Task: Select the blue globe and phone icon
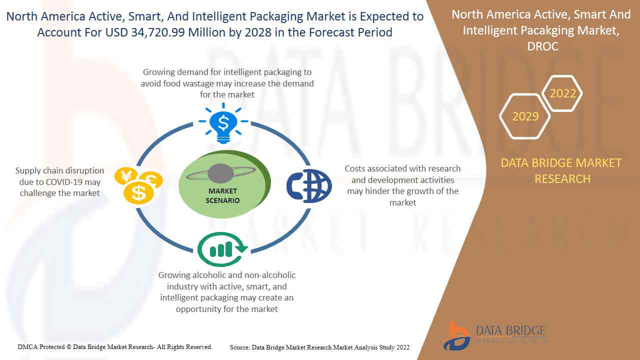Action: (309, 186)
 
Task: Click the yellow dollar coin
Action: (138, 193)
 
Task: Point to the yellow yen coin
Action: (125, 175)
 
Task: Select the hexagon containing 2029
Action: (525, 116)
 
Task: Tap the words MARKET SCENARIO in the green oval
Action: (222, 195)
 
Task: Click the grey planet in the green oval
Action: (220, 173)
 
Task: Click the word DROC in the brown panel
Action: (542, 46)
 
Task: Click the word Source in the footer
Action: (239, 347)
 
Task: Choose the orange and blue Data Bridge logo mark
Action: (456, 336)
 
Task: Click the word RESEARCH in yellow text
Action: (562, 179)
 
